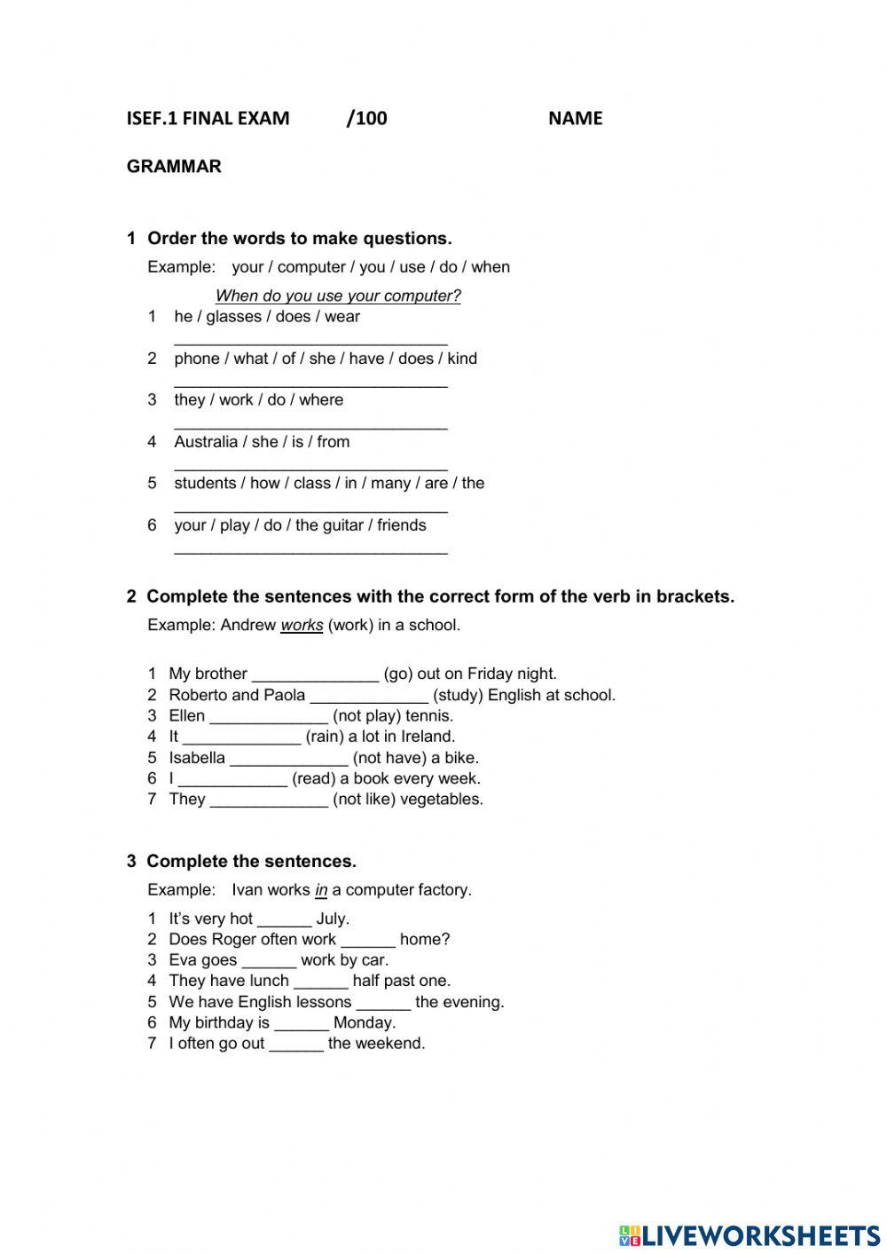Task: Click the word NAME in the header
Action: [575, 118]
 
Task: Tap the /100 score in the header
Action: [366, 118]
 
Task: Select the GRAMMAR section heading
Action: [174, 166]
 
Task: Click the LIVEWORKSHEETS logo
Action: [750, 1234]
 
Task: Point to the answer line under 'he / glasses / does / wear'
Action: [310, 342]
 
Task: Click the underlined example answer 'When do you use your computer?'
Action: [338, 296]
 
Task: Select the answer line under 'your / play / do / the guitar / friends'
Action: [310, 550]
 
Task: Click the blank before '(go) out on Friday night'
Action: [315, 675]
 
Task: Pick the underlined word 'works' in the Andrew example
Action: [302, 625]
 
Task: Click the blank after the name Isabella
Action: [288, 760]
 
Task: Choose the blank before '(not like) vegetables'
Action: [269, 801]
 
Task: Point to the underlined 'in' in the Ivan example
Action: [321, 889]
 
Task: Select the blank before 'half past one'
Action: [320, 982]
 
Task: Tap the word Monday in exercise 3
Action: [365, 1022]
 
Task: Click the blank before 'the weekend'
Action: [295, 1045]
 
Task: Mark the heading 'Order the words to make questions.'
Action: [299, 238]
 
